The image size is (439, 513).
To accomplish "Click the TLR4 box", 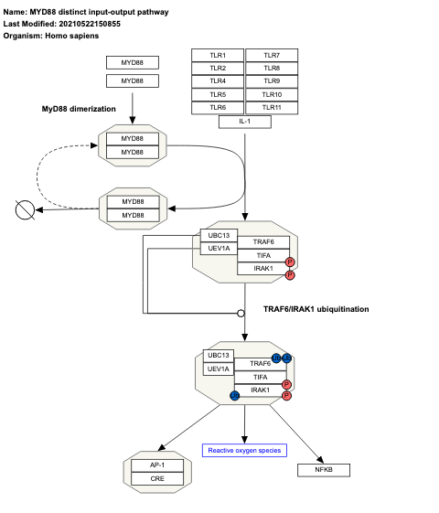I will [x=218, y=81].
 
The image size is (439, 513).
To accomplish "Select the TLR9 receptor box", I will [x=273, y=81].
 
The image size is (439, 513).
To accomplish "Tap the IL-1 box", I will [x=245, y=121].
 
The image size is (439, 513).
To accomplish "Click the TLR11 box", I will [x=273, y=108].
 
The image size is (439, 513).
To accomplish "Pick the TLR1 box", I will [x=218, y=56].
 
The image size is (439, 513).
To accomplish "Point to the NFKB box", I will [x=323, y=470].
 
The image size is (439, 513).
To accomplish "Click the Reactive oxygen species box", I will [x=244, y=450].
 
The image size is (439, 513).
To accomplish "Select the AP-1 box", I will [x=157, y=465].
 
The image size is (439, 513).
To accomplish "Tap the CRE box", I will [x=157, y=478].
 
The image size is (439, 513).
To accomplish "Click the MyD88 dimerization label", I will [x=79, y=109].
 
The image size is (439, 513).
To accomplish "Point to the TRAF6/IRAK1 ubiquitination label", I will [x=316, y=309].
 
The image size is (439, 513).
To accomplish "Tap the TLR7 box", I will [x=273, y=56].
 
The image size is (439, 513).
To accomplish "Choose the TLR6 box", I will [x=218, y=108].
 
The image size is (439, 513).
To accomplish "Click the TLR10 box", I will [x=273, y=95].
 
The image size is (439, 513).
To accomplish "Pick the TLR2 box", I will [x=218, y=69].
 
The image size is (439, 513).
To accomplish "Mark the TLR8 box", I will [x=273, y=69].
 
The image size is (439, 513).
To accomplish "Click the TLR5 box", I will [x=218, y=95].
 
